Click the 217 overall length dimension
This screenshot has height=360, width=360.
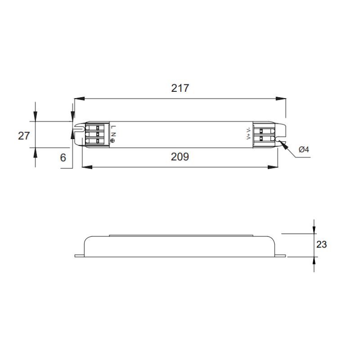point(180,88)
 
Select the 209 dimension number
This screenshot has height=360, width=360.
point(180,157)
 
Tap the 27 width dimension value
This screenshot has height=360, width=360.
point(24,136)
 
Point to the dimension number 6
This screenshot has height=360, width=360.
point(63,158)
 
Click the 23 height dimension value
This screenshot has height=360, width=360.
point(321,244)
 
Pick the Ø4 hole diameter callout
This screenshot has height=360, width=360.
point(304,149)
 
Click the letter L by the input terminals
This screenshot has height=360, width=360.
point(113,127)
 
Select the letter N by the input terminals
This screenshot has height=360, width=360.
point(113,134)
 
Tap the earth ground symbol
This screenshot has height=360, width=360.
point(112,141)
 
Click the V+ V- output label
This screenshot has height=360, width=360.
point(248,134)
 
